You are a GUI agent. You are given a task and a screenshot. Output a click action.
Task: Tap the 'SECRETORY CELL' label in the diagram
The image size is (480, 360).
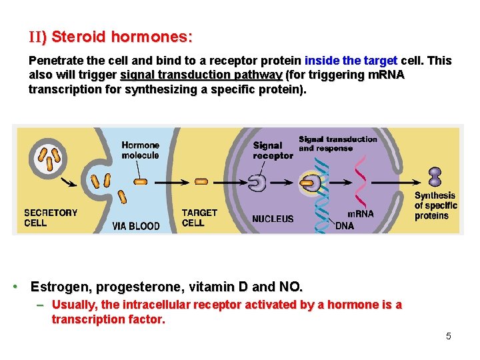[51, 217]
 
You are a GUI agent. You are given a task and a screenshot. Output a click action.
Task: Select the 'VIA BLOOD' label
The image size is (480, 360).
[136, 226]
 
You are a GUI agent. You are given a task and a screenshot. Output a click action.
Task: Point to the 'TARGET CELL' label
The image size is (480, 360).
[199, 217]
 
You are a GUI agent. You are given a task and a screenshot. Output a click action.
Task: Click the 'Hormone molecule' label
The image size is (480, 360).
[140, 150]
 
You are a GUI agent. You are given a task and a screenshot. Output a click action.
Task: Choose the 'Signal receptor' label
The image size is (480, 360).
[273, 150]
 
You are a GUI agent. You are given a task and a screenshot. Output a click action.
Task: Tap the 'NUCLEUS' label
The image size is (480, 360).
[273, 219]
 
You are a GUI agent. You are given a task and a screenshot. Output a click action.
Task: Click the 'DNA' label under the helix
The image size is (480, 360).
[345, 226]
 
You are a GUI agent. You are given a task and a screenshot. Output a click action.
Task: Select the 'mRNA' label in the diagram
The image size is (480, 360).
[361, 214]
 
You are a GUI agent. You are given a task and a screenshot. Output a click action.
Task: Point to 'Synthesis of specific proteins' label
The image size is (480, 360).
[435, 205]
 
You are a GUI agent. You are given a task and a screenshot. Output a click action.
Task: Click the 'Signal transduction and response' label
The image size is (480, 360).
[337, 143]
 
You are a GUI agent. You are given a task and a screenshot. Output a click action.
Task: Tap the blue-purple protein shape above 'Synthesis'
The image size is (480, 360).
[435, 176]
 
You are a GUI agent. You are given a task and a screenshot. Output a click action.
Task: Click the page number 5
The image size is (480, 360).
[449, 336]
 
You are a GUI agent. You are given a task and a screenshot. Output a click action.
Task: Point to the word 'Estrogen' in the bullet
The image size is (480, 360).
[59, 287]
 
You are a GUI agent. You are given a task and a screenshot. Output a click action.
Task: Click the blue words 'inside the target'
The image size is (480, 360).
[351, 61]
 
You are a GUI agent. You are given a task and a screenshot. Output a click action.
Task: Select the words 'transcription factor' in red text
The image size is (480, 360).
[107, 319]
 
